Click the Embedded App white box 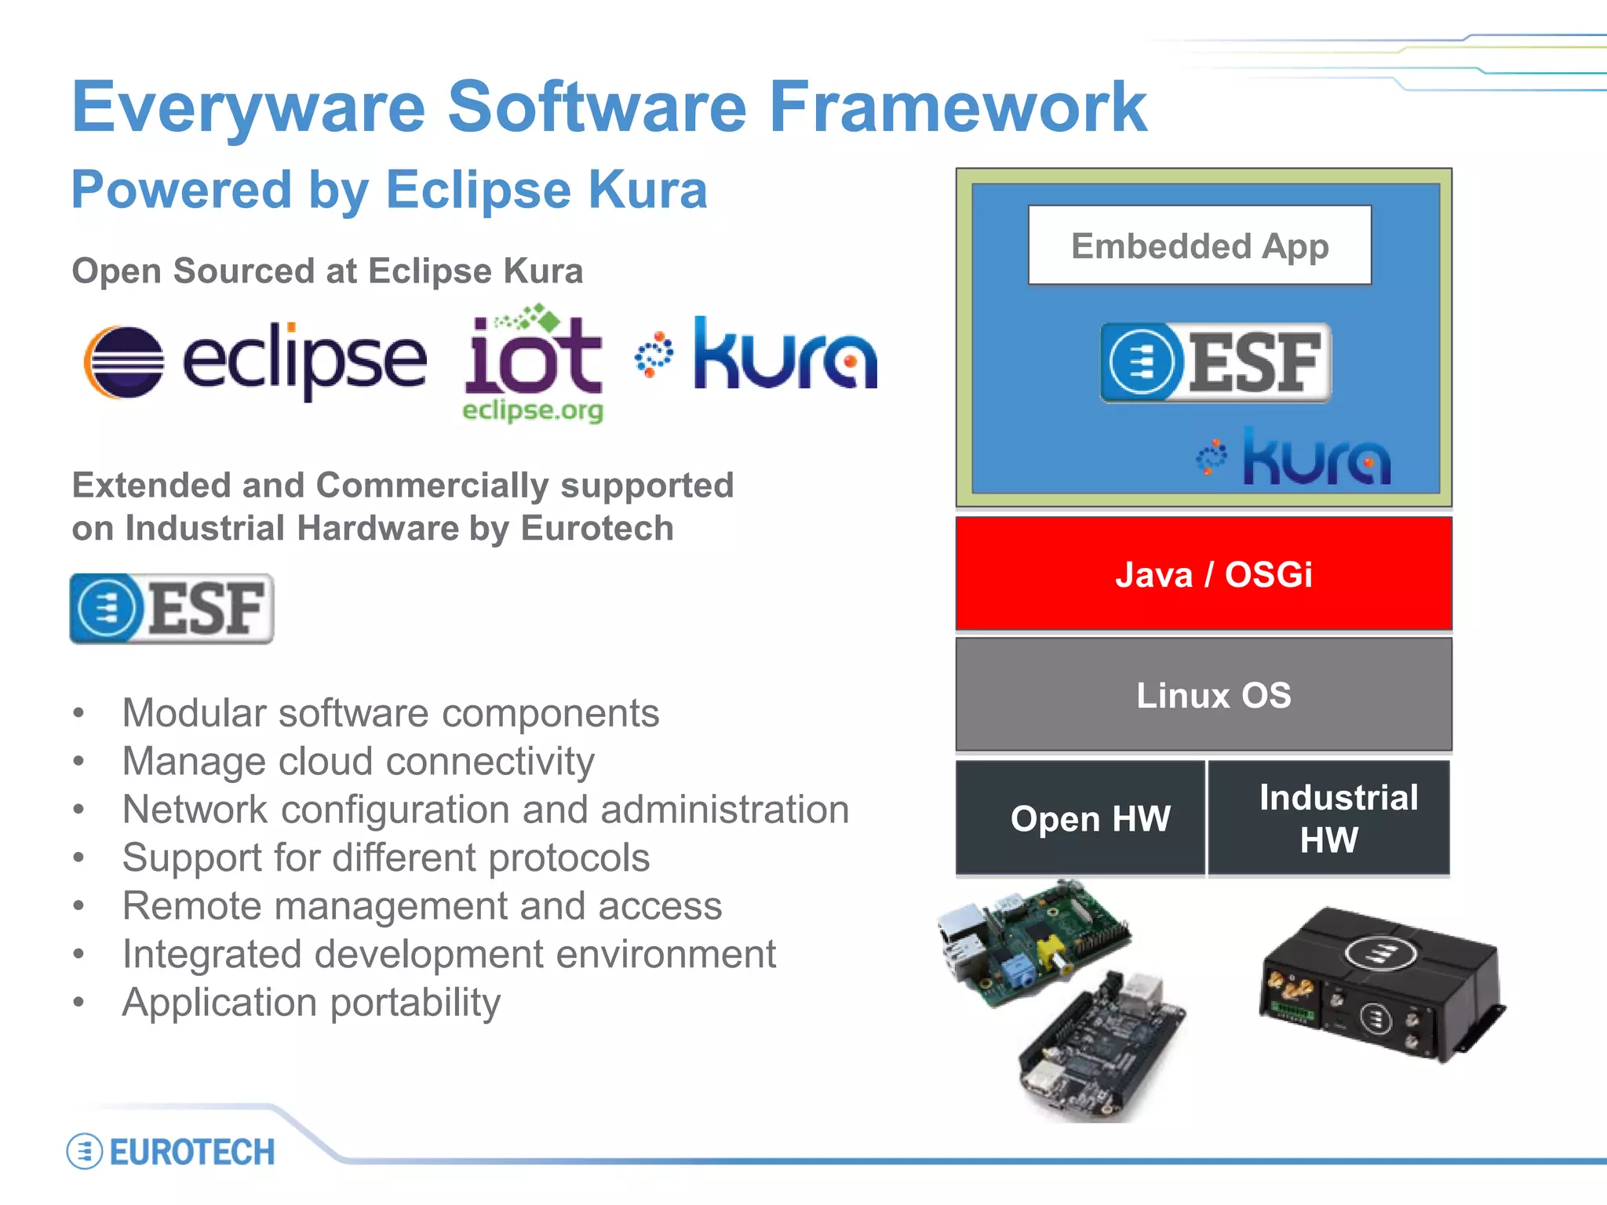(x=1199, y=246)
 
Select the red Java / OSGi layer (x=1203, y=573)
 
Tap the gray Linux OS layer (x=1203, y=694)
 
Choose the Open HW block (x=1080, y=817)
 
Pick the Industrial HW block (x=1328, y=817)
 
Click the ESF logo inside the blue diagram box (x=1215, y=362)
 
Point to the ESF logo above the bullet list (x=172, y=609)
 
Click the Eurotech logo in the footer (x=171, y=1152)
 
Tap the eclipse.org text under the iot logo (x=533, y=410)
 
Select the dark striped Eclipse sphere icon (x=124, y=362)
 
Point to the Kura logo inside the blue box (x=1295, y=457)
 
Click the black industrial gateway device (x=1381, y=985)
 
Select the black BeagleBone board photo (x=1102, y=1047)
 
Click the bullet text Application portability (x=311, y=1002)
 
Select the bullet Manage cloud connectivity (x=358, y=761)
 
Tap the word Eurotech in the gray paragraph (x=597, y=528)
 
